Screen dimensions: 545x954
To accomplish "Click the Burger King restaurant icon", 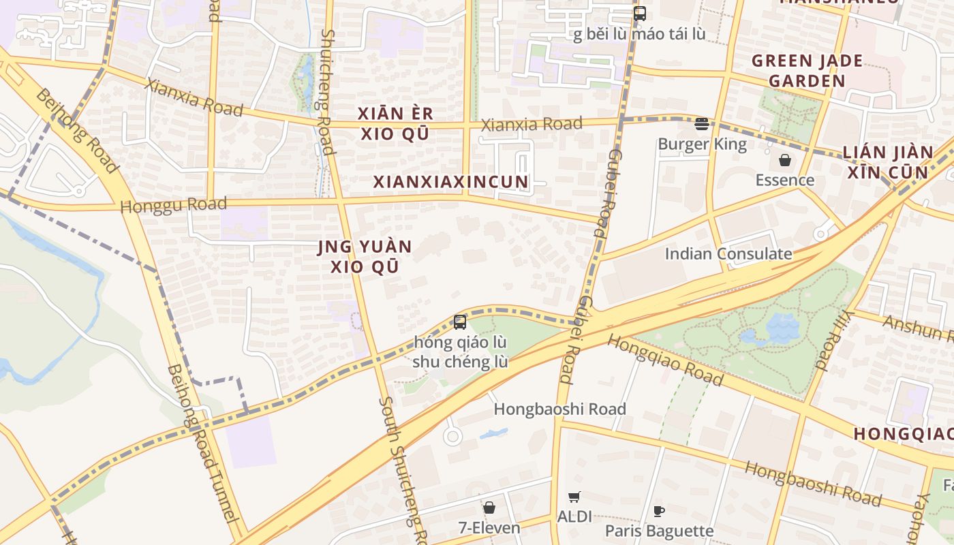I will click(x=702, y=124).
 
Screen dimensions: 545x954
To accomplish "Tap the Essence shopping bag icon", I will click(x=785, y=161).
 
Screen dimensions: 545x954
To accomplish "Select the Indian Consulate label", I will click(x=728, y=254).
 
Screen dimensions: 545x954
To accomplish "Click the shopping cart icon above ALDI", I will click(x=574, y=497).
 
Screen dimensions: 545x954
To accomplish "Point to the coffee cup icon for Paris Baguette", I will click(x=659, y=511).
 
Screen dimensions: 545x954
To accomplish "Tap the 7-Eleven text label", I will click(x=489, y=528).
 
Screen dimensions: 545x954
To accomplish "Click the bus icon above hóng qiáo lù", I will click(x=460, y=322).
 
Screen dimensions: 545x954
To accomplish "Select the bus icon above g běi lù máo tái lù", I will click(x=639, y=14).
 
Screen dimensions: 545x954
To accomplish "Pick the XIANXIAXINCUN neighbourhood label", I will click(x=450, y=182).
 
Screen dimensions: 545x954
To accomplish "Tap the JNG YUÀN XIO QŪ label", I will click(x=365, y=256).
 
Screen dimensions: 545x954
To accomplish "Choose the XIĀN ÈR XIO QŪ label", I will click(x=395, y=123).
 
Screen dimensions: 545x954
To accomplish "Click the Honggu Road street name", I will click(x=173, y=204).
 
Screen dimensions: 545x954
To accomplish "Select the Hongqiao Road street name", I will click(x=664, y=360).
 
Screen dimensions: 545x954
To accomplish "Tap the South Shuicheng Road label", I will click(x=402, y=470).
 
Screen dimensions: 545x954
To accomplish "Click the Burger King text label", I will click(x=702, y=144).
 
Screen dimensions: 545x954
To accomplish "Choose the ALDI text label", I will click(x=574, y=516).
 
